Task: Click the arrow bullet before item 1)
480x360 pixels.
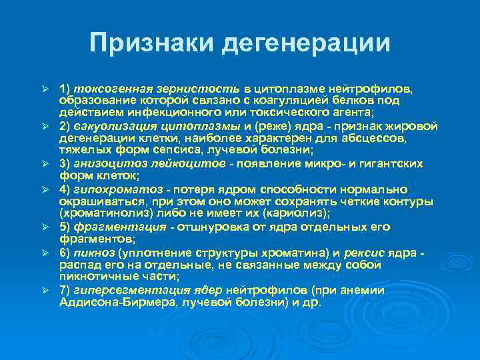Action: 45,89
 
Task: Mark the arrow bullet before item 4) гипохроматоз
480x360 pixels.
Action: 45,190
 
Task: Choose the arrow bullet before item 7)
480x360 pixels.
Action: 45,291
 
